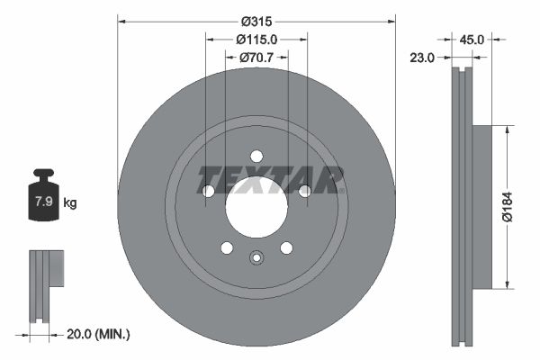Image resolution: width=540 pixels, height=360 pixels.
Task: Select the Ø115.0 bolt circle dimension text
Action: click(256, 39)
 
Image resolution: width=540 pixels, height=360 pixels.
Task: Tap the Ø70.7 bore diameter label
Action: click(256, 58)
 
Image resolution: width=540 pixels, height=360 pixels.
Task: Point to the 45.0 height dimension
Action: click(472, 39)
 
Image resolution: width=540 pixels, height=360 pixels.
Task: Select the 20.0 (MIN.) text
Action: click(100, 334)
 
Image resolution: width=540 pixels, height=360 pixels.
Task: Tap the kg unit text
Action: click(70, 203)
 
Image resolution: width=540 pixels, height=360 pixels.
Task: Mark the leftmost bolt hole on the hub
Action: click(209, 191)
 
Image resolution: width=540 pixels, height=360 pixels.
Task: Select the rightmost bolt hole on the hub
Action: click(304, 190)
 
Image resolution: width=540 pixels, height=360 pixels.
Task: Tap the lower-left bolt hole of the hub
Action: click(227, 247)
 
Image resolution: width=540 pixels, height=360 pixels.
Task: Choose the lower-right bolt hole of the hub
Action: click(286, 247)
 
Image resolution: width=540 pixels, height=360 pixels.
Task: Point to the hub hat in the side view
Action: click(481, 208)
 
